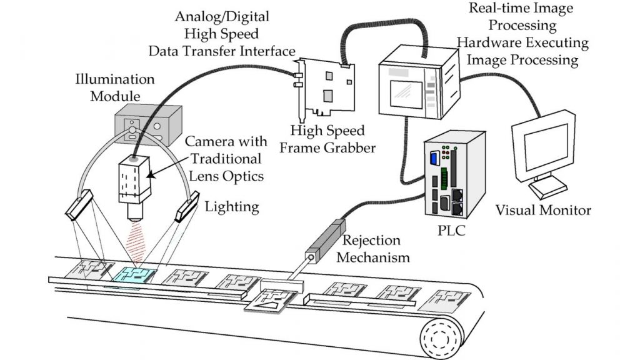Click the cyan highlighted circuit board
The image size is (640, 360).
(134, 274)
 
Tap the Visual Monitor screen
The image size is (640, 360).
(541, 145)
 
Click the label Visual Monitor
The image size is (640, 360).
(542, 210)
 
